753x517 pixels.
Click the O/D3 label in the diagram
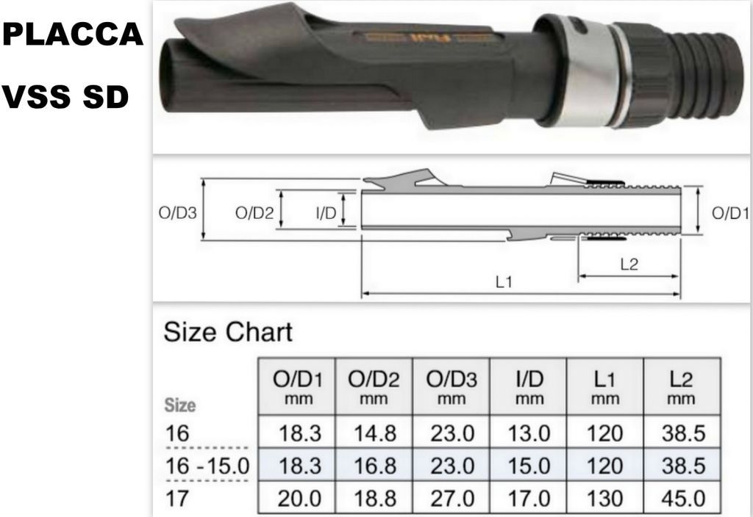(177, 214)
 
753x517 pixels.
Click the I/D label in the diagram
(326, 214)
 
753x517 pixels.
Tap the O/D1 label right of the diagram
(730, 214)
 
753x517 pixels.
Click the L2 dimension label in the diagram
(629, 265)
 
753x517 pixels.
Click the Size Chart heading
(227, 332)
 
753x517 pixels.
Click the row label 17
(176, 499)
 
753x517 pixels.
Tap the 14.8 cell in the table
(374, 434)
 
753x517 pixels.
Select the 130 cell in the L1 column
(604, 499)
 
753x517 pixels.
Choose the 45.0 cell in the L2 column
(682, 499)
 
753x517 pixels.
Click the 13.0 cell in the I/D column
(529, 434)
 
